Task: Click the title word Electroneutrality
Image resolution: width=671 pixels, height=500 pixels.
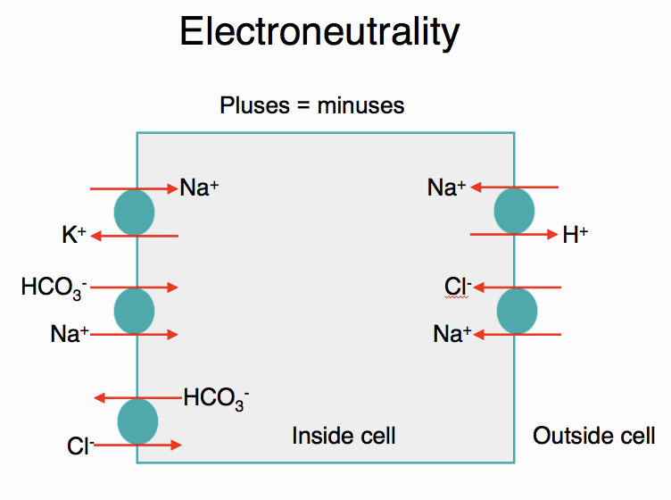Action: point(319,32)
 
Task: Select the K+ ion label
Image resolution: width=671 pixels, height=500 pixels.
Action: point(74,236)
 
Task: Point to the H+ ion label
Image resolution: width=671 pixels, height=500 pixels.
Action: point(575,236)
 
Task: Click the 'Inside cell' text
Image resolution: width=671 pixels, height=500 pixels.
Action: point(344,436)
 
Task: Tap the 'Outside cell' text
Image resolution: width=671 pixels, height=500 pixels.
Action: point(593,436)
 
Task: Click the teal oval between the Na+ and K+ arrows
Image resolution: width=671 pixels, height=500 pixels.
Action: point(135,212)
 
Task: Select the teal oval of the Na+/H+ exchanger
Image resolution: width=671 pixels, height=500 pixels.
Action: point(514,212)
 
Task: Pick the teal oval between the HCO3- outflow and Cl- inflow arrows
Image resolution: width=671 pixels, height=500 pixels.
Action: point(137,421)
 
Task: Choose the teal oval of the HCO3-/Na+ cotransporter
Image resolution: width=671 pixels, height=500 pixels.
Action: point(135,310)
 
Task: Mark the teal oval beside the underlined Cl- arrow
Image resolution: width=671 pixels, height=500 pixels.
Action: point(517,311)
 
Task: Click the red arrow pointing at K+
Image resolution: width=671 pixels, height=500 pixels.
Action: point(135,236)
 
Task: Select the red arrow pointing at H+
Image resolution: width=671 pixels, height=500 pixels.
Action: point(514,235)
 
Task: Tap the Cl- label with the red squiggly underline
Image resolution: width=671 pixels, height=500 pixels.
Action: point(458,287)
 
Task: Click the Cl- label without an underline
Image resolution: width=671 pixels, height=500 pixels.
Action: point(79,445)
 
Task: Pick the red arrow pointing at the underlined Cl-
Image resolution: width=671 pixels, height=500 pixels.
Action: point(517,287)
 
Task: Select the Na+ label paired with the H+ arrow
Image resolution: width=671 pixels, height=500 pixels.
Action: point(446,187)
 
